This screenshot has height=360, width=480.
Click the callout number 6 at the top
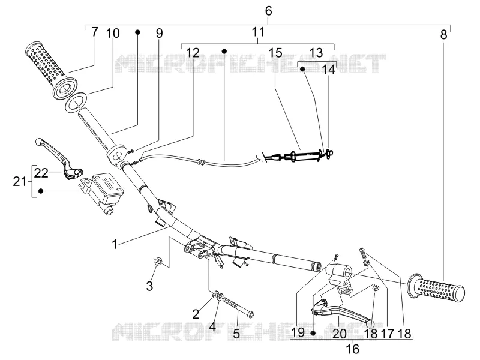tap(268, 11)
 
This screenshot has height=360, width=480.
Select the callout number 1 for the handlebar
tap(115, 245)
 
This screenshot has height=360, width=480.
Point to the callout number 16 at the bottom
tap(352, 349)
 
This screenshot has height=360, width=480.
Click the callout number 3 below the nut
tap(149, 286)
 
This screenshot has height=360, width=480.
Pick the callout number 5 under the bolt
tap(236, 334)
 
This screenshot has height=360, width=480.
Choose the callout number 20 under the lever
tap(339, 334)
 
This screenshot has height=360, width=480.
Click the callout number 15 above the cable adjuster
tap(275, 53)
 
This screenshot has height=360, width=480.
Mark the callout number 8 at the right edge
tap(443, 35)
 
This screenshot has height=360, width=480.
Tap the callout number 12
tap(193, 53)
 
